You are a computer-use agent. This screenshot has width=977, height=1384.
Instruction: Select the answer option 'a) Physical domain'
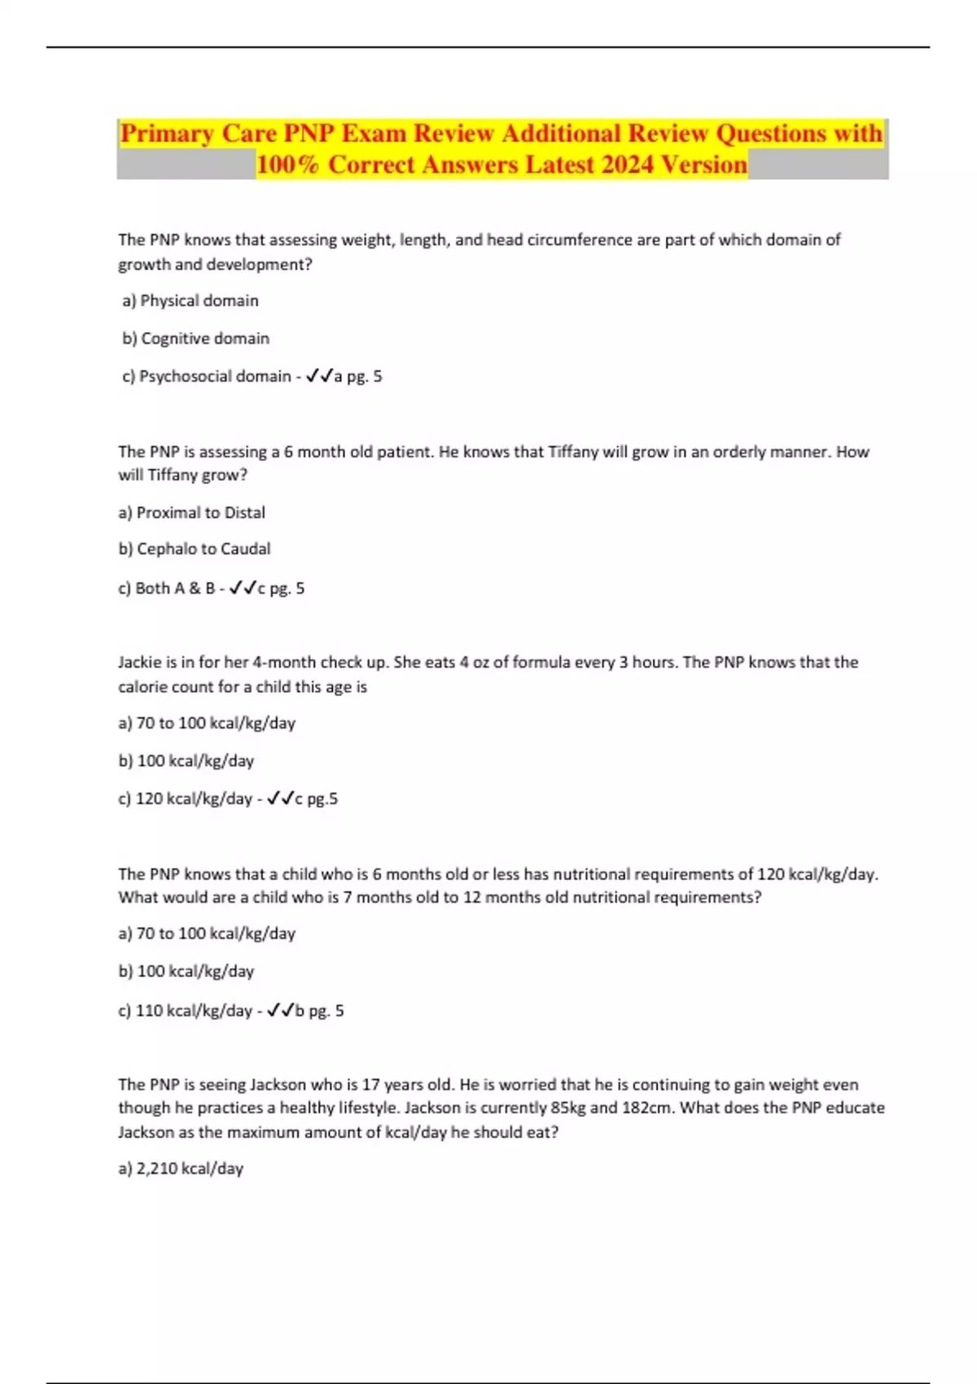click(x=191, y=300)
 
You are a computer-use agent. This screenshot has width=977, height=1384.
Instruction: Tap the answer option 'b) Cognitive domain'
click(x=195, y=338)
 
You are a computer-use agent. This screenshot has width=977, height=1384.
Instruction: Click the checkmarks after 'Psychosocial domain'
click(x=319, y=376)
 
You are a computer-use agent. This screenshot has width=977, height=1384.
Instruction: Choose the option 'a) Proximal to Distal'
click(x=192, y=512)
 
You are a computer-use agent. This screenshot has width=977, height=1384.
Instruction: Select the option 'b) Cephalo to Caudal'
click(x=195, y=549)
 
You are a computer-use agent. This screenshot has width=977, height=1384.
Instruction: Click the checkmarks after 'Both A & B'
click(x=243, y=588)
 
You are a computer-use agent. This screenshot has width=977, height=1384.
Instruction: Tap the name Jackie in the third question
click(x=139, y=662)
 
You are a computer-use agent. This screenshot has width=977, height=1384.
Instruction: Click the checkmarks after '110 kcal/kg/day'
click(x=280, y=1010)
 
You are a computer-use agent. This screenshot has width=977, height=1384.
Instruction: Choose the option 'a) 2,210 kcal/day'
click(x=181, y=1168)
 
